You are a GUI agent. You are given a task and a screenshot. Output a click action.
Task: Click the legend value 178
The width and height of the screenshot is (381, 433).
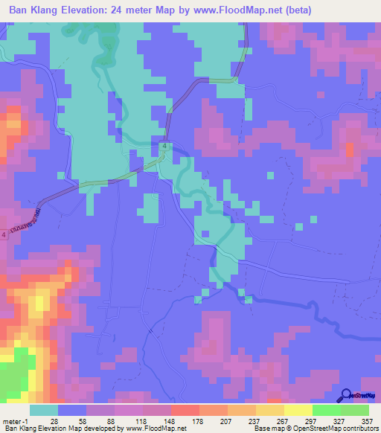click(x=198, y=420)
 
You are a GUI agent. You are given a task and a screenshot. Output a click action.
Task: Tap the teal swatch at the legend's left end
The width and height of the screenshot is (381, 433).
click(x=43, y=410)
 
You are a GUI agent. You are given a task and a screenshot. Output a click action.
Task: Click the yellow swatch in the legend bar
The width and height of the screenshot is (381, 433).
click(x=298, y=410)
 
